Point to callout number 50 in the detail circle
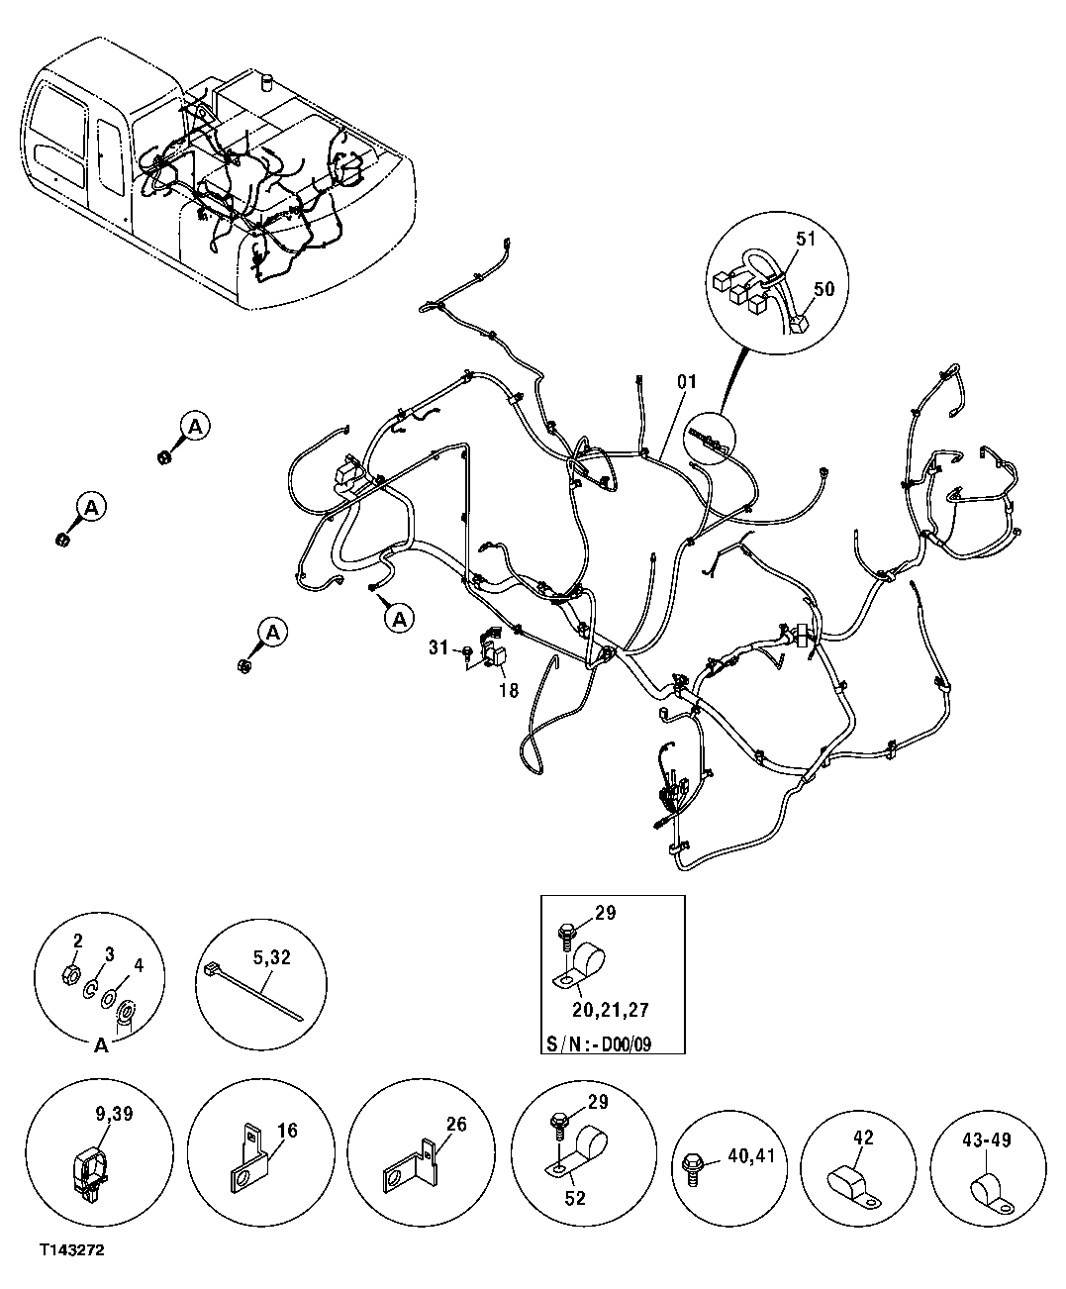(824, 288)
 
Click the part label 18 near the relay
(508, 690)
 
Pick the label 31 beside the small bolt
(439, 647)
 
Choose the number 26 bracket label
(455, 1123)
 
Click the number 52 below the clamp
(575, 1198)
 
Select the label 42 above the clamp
(863, 1139)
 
